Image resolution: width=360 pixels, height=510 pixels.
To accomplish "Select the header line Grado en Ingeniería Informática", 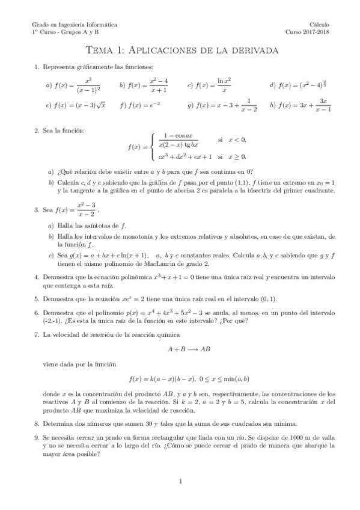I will [75, 24].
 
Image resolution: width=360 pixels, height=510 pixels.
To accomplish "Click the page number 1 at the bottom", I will [180, 481].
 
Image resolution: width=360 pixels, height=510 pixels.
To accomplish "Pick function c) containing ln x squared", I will [217, 85].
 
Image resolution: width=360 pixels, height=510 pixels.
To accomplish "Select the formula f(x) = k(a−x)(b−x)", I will [189, 379].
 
